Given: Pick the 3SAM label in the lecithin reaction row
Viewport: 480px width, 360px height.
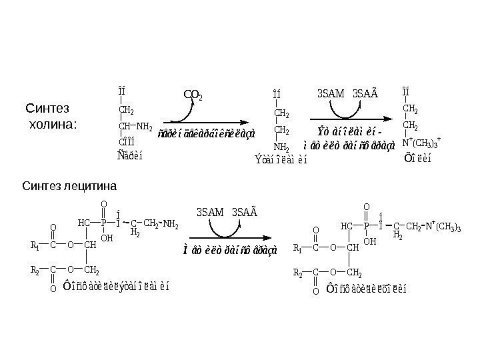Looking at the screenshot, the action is [x=210, y=212].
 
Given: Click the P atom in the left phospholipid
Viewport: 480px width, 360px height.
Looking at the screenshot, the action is [x=103, y=223].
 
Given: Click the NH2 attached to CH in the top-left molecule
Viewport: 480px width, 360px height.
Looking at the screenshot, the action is [x=145, y=125].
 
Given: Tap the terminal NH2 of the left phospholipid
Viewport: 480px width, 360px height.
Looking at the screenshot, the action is [x=171, y=223].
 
